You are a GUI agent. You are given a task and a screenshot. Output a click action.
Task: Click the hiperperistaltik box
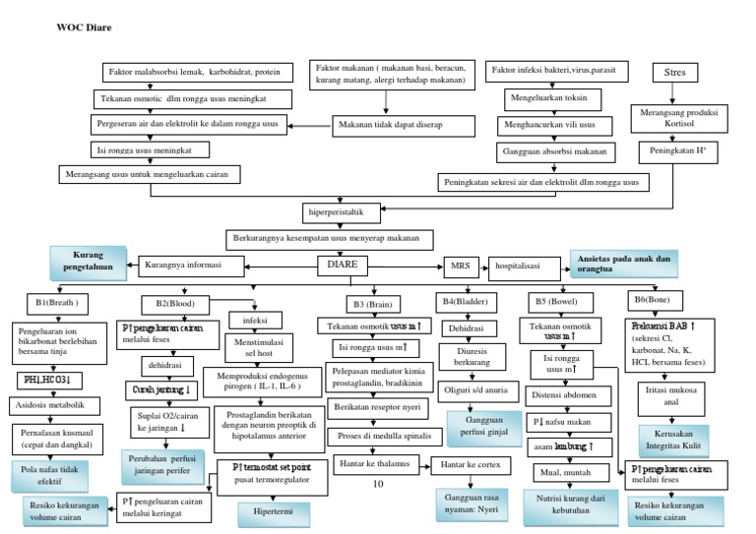click(338, 211)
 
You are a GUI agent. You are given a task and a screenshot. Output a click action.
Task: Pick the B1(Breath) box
click(56, 302)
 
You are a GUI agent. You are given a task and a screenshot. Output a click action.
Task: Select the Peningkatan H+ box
click(679, 152)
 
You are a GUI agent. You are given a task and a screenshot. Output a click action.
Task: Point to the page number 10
click(378, 484)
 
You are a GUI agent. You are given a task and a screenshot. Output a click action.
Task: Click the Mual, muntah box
click(558, 471)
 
